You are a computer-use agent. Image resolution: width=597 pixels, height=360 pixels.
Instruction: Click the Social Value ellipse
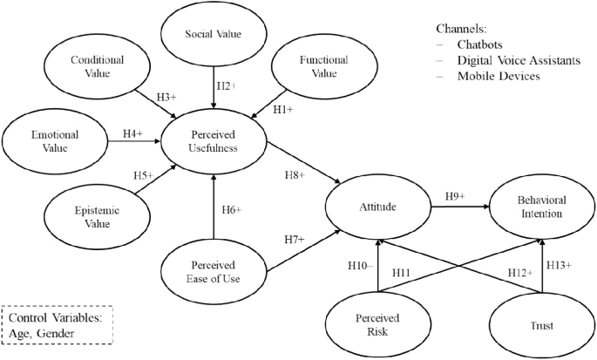coord(213,35)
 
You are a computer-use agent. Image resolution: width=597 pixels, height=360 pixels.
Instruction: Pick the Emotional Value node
coord(54,141)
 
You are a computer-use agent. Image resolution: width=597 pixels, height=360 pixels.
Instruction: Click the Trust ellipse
coord(542,326)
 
